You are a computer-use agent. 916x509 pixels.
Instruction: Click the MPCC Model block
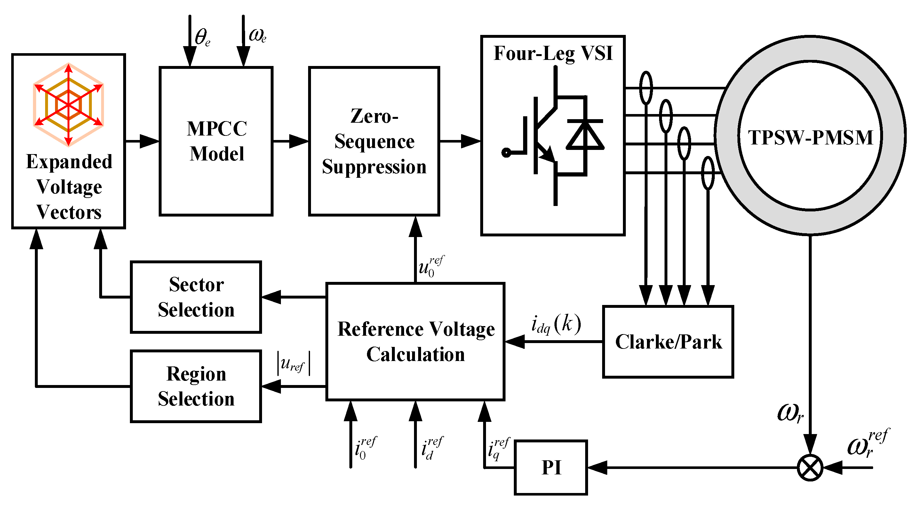pyautogui.click(x=216, y=141)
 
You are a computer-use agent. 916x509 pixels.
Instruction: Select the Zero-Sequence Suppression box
pyautogui.click(x=374, y=141)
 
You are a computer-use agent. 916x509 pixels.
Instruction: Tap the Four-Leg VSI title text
pyautogui.click(x=553, y=53)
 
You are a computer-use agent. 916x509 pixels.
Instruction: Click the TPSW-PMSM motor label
pyautogui.click(x=810, y=137)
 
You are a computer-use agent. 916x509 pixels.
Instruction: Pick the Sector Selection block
pyautogui.click(x=196, y=297)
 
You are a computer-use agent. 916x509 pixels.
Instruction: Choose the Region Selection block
pyautogui.click(x=196, y=386)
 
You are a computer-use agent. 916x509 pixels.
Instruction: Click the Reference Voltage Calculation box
pyautogui.click(x=415, y=342)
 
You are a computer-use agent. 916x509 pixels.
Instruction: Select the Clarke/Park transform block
pyautogui.click(x=668, y=342)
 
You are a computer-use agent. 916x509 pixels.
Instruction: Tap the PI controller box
pyautogui.click(x=551, y=467)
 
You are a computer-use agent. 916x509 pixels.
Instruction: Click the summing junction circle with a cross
pyautogui.click(x=810, y=467)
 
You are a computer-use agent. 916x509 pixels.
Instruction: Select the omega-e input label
pyautogui.click(x=258, y=36)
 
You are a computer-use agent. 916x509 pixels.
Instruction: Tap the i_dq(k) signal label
pyautogui.click(x=556, y=324)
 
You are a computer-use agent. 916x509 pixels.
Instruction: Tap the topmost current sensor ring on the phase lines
pyautogui.click(x=646, y=87)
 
